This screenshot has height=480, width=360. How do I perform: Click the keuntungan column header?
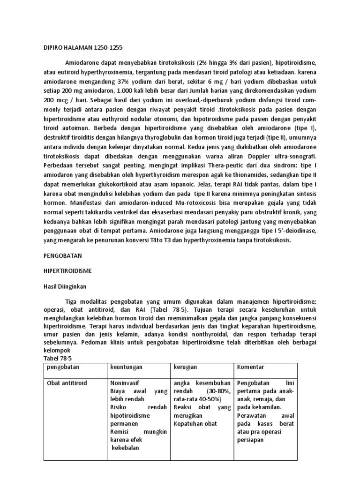[126, 367]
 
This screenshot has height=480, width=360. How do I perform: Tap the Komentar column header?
[251, 367]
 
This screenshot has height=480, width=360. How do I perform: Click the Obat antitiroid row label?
[67, 383]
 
